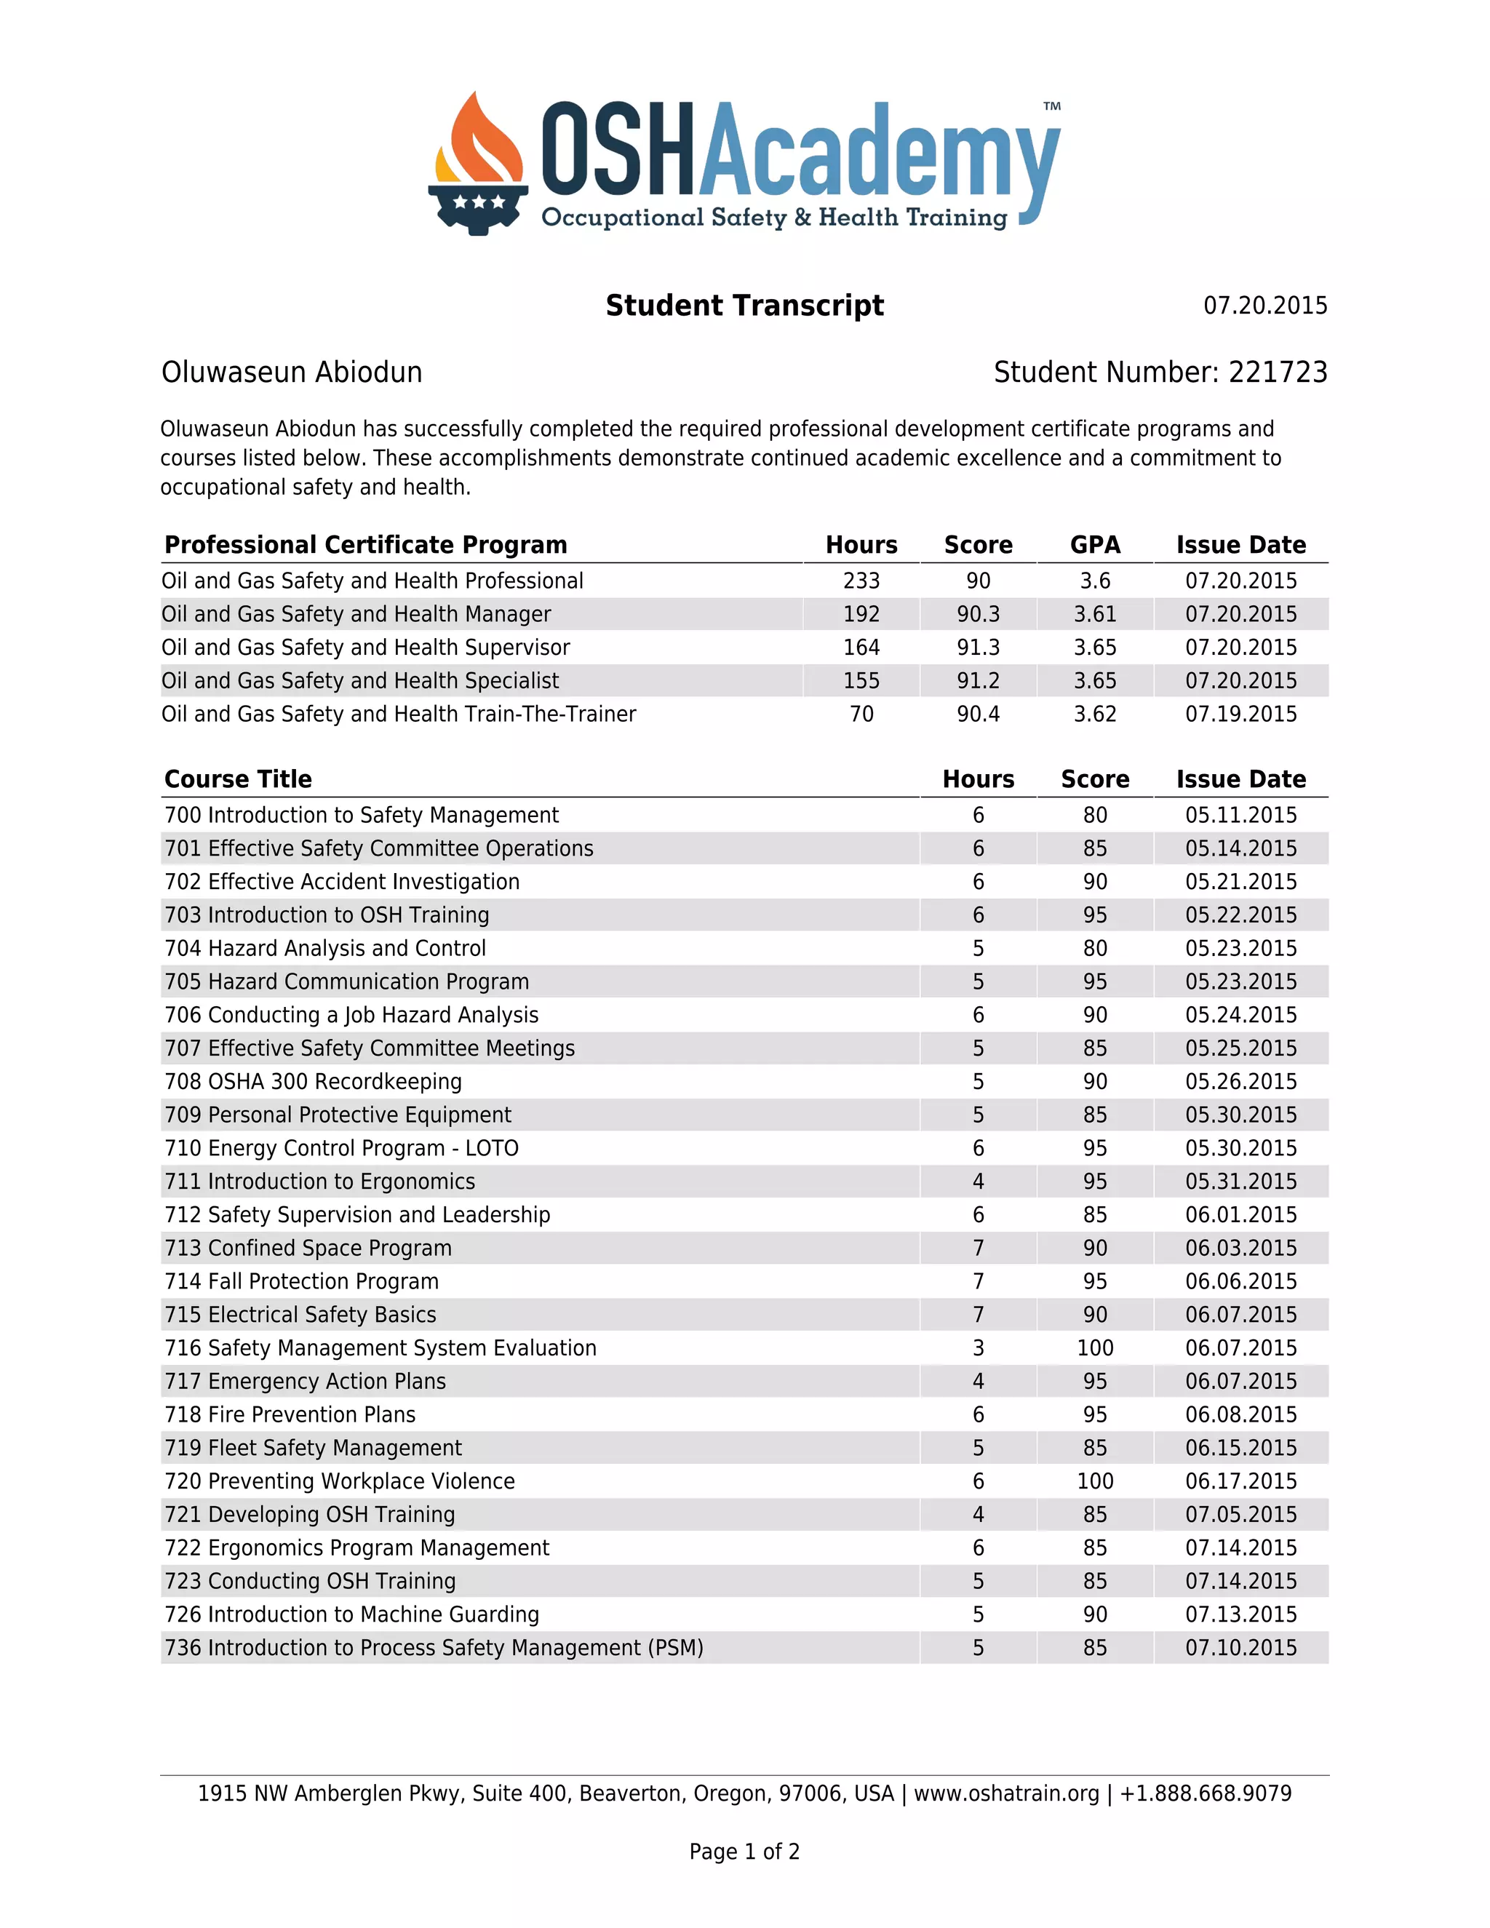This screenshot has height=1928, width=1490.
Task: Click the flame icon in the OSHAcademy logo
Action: pos(477,141)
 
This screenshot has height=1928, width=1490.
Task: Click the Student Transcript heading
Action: pos(744,306)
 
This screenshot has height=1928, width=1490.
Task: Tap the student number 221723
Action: pos(1278,373)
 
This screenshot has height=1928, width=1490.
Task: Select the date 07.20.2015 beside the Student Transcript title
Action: pos(1265,306)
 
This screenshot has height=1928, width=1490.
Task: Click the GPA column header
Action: pos(1094,545)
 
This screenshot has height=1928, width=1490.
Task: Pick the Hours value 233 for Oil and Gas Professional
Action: pos(861,581)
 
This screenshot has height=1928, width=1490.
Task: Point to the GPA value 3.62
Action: pos(1094,714)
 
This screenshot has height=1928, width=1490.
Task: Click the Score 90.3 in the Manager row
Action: pos(978,615)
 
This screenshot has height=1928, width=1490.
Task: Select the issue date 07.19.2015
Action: pos(1240,714)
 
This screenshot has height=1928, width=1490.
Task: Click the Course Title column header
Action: pos(239,779)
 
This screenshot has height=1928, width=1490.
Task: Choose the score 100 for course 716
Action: pos(1094,1348)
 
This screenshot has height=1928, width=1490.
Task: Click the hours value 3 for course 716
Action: pos(978,1348)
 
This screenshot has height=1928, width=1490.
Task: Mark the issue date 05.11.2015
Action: pos(1240,815)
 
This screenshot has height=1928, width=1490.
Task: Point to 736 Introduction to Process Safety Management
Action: pos(434,1648)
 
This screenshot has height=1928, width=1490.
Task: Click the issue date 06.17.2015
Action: pos(1240,1481)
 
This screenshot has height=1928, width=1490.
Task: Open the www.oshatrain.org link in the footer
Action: pos(1006,1794)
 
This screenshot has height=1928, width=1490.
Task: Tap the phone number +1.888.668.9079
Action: pos(1205,1794)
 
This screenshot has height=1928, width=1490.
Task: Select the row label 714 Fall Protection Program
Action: pos(301,1282)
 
